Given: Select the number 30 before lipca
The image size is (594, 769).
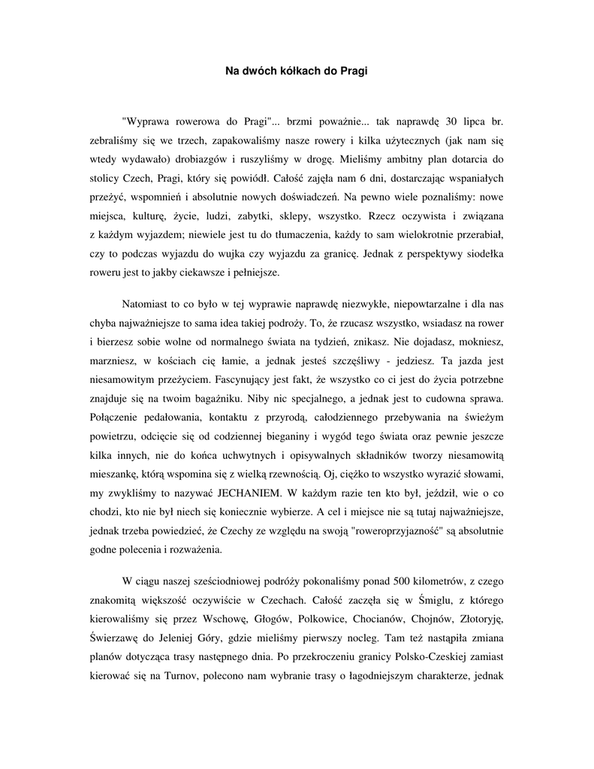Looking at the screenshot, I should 451,120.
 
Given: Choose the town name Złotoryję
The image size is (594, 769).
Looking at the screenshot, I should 491,619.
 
